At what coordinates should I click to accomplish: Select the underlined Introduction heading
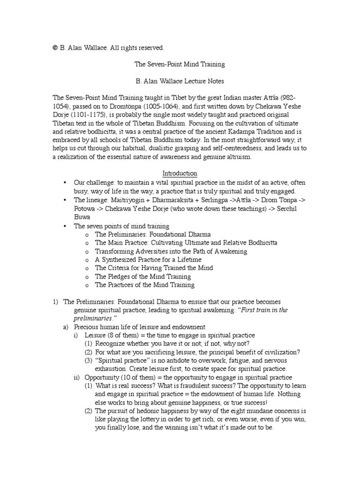click(x=180, y=173)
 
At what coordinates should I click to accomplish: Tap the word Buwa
click(x=83, y=217)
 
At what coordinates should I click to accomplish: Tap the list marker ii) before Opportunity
click(x=76, y=377)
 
